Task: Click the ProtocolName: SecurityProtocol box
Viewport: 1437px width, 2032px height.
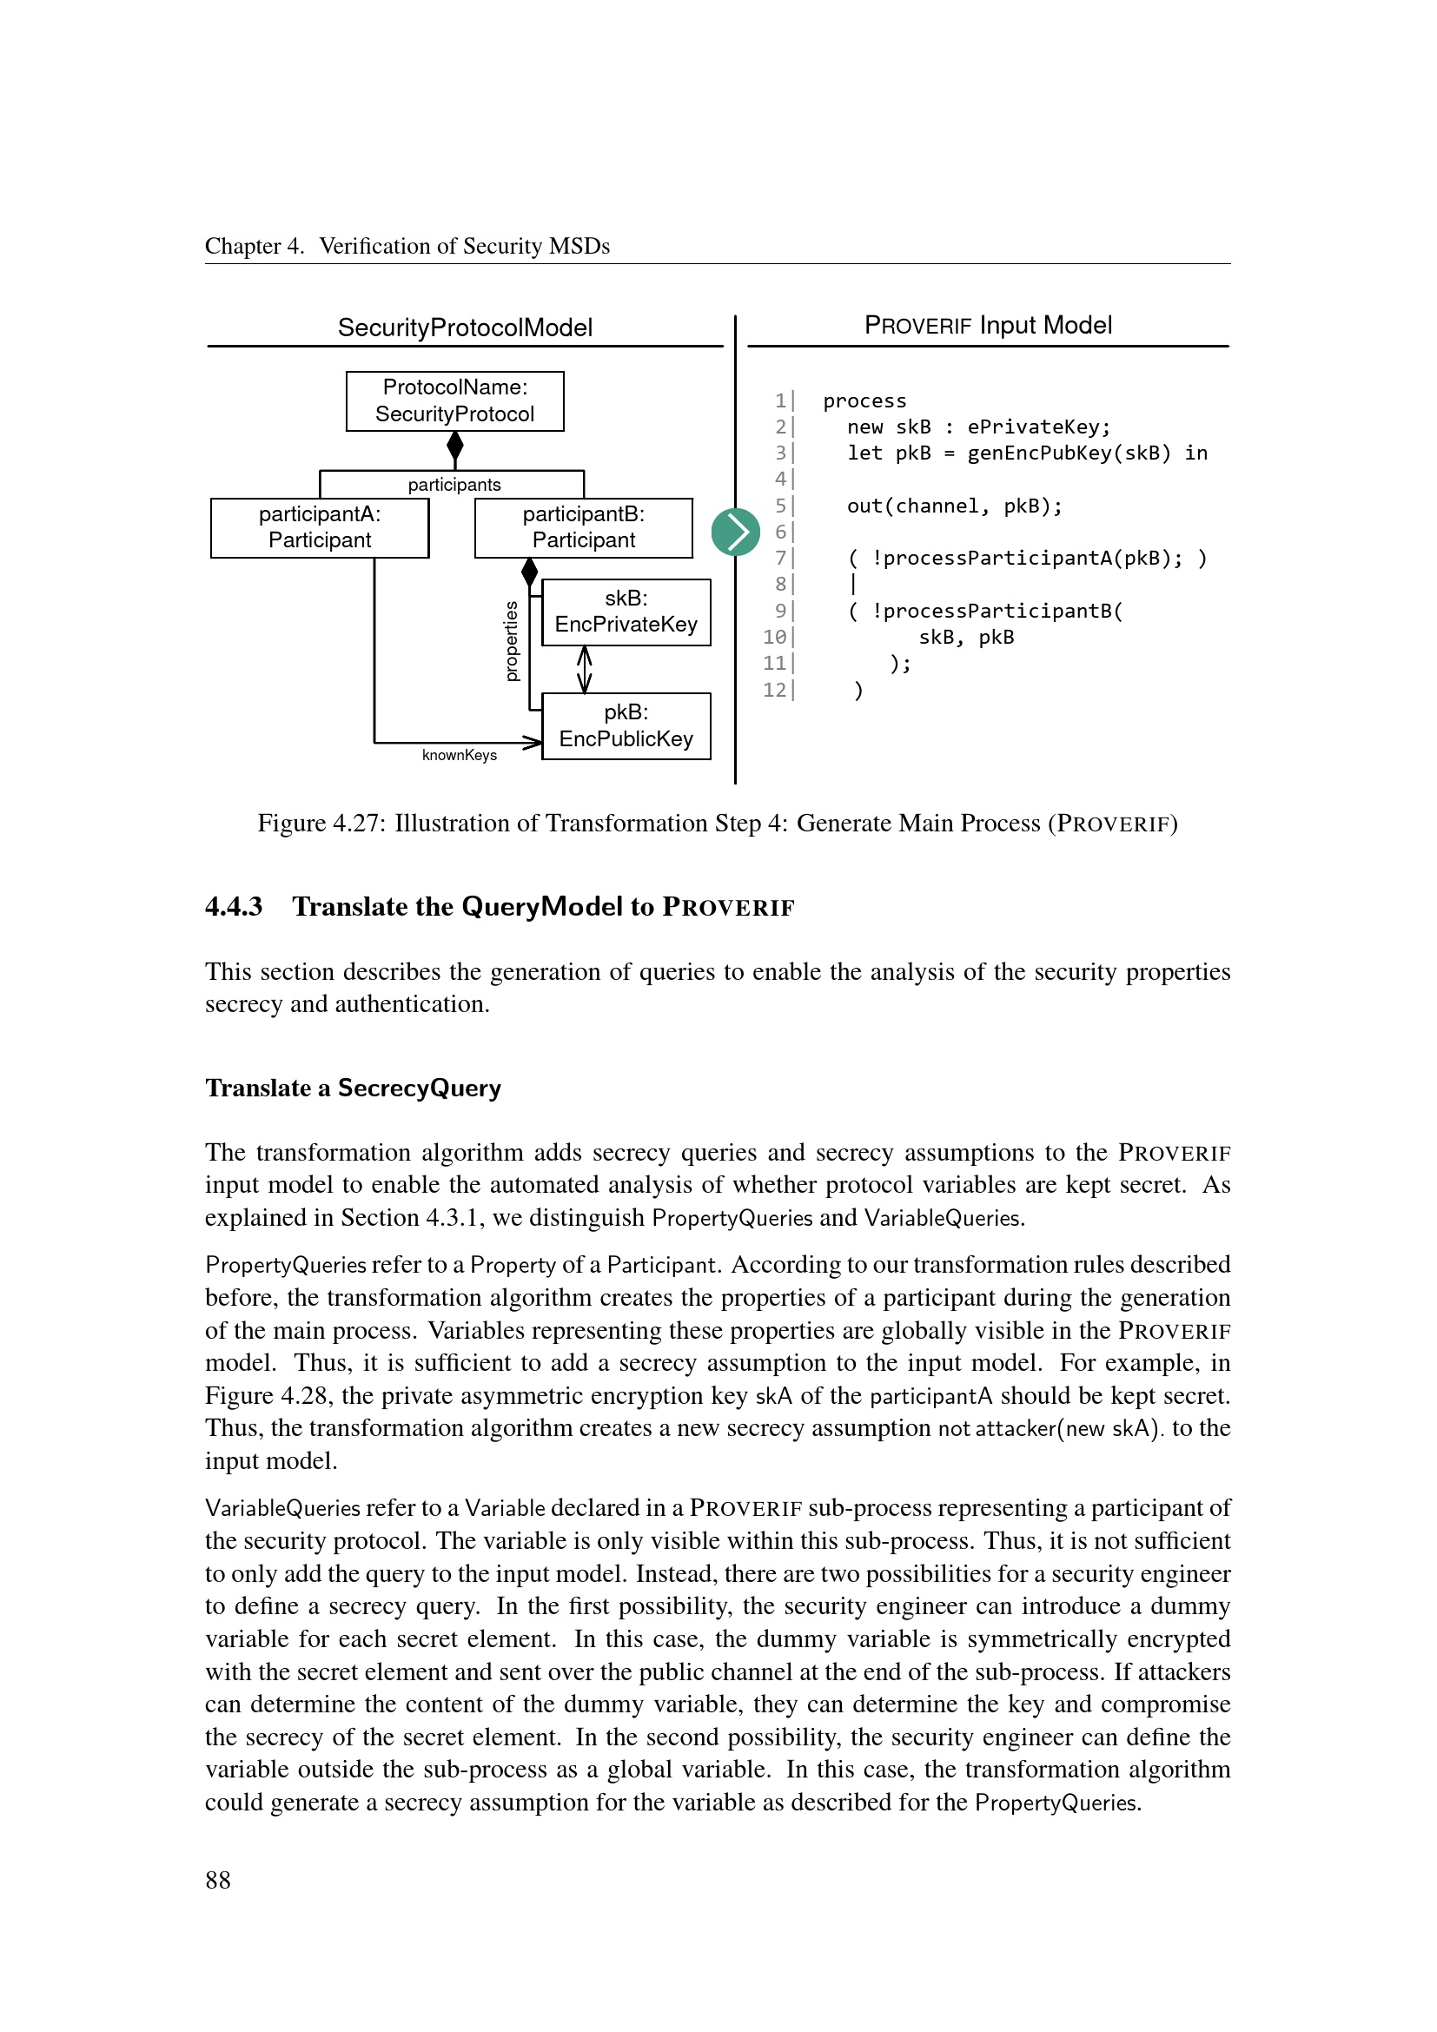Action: (454, 400)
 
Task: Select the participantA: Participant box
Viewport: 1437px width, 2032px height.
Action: (320, 527)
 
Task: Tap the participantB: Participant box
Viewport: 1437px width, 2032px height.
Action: (583, 527)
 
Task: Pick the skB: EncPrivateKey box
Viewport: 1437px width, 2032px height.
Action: (626, 612)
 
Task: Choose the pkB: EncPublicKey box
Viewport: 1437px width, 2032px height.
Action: (626, 725)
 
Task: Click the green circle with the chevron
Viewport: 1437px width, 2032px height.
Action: (735, 532)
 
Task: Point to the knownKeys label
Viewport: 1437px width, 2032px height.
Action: (460, 755)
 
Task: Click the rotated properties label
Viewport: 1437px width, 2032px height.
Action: (512, 641)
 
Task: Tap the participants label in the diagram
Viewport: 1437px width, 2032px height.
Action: (454, 485)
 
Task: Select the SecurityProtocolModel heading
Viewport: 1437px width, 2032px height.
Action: (465, 328)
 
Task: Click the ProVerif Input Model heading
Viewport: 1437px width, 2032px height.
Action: (988, 326)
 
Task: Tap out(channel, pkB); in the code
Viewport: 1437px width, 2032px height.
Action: (954, 506)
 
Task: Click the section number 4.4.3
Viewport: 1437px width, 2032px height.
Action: (234, 906)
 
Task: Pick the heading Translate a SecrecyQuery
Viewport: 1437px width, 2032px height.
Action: (353, 1088)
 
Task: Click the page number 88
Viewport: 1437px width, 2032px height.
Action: (218, 1880)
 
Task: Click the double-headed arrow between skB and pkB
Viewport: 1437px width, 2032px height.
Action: (584, 669)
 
